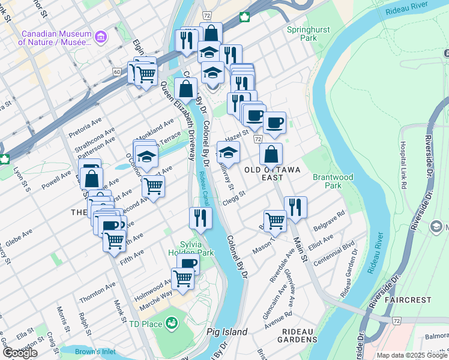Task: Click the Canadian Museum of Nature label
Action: pyautogui.click(x=55, y=38)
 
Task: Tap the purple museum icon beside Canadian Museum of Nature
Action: pyautogui.click(x=100, y=38)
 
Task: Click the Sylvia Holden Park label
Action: pyautogui.click(x=197, y=248)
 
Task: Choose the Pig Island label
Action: pyautogui.click(x=227, y=332)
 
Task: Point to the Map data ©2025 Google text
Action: pyautogui.click(x=411, y=355)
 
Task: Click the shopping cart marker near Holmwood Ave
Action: pyautogui.click(x=182, y=277)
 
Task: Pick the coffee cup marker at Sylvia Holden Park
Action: pyautogui.click(x=188, y=265)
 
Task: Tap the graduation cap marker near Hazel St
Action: pyautogui.click(x=228, y=152)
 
